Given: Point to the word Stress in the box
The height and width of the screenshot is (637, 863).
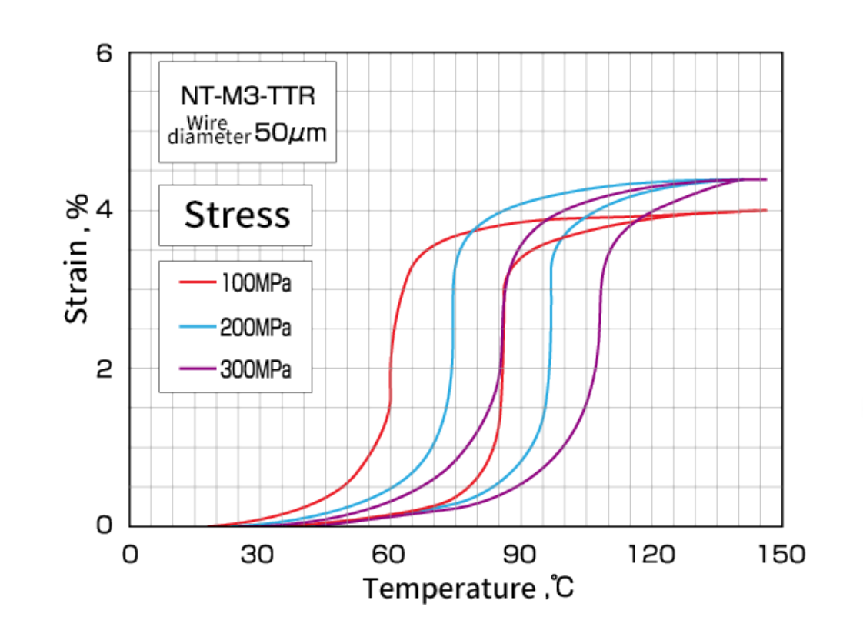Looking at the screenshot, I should (237, 215).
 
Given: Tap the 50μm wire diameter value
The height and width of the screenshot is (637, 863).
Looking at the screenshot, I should (290, 133).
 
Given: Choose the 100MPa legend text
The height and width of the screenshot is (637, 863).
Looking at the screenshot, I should (255, 283).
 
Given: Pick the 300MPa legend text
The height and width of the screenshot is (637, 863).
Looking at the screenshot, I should (255, 369).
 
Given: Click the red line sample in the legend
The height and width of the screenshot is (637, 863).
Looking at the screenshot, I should (197, 283).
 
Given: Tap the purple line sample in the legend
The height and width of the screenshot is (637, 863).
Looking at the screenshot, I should (197, 369).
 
